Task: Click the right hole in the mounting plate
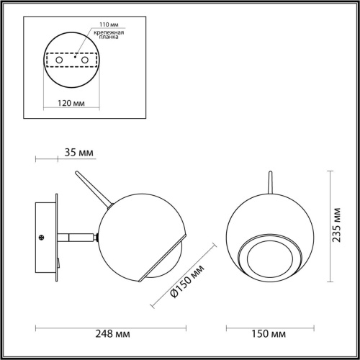[x=86, y=60]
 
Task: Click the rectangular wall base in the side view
[x=48, y=238]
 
